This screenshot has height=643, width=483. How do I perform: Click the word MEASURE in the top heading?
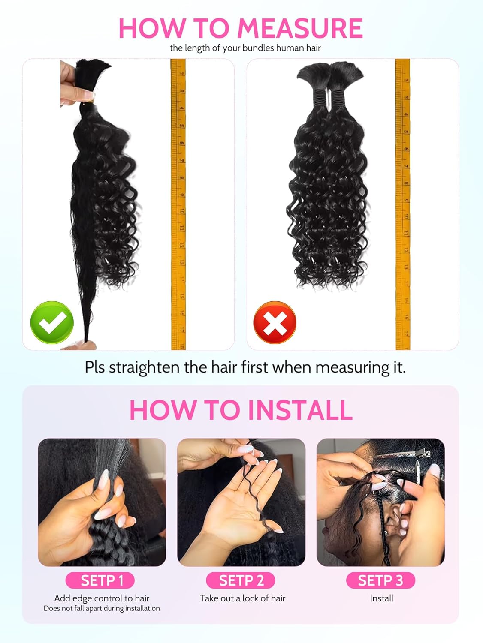coord(300,28)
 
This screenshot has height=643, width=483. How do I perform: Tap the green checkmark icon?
coord(52,322)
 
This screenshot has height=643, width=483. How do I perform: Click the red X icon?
coord(275,322)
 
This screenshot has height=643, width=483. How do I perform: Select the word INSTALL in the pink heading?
coord(300,410)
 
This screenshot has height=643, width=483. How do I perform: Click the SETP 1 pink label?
coord(100,580)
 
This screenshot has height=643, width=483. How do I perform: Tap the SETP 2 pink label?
coord(241,580)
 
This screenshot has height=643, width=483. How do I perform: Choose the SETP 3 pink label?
coord(380,580)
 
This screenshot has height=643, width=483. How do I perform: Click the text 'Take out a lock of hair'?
coord(242,598)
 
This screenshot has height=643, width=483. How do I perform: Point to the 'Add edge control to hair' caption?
coord(102,598)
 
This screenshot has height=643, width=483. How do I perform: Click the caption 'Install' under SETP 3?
coord(381,598)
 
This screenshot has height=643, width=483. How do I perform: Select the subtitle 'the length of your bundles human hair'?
coord(245,48)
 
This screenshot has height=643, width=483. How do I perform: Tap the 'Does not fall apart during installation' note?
coord(102,608)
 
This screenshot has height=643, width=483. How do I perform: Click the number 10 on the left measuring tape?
coord(181,211)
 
